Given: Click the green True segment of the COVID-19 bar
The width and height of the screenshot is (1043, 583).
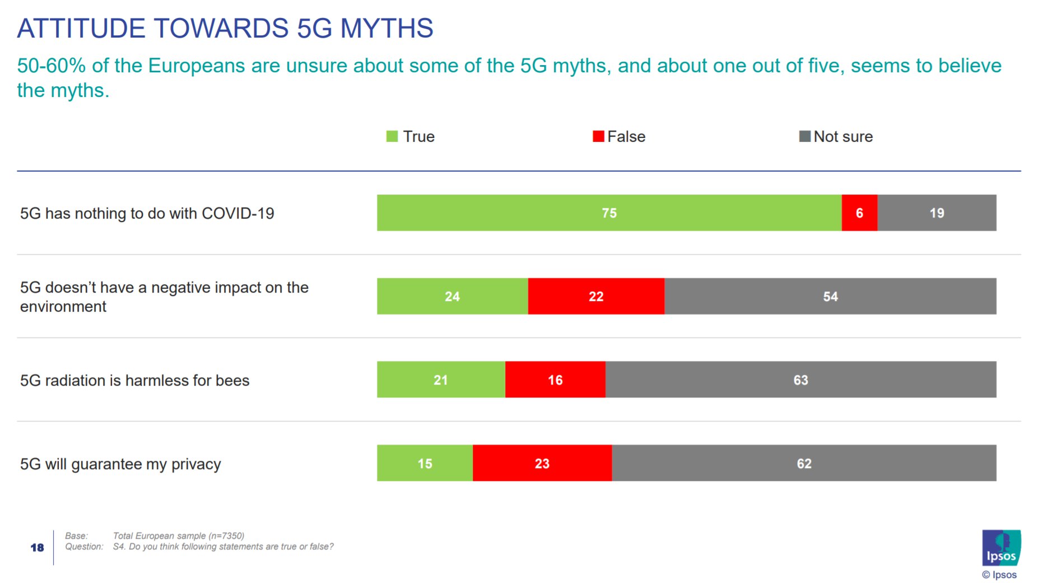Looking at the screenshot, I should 609,213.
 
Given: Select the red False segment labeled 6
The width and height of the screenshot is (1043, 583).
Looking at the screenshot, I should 859,213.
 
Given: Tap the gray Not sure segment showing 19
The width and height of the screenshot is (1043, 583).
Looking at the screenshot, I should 937,213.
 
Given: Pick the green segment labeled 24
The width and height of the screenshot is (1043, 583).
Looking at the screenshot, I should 452,297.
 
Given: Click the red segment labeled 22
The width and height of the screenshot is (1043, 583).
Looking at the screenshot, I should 596,297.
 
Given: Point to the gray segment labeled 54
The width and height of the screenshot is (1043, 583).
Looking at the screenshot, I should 830,297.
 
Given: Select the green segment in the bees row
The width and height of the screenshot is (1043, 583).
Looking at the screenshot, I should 441,380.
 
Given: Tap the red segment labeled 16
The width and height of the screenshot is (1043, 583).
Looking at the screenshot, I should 555,380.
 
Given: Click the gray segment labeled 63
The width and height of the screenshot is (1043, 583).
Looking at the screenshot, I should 800,380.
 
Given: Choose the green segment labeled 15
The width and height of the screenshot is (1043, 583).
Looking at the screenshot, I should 425,464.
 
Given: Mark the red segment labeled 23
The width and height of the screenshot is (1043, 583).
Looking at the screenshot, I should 542,464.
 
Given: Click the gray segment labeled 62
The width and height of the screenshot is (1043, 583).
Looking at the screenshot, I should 804,464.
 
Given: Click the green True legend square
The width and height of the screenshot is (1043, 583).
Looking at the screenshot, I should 392,136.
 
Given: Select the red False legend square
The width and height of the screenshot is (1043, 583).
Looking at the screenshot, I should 598,136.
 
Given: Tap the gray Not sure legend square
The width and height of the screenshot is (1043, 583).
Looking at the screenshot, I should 804,136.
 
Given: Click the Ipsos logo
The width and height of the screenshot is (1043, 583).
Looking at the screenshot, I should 1001,548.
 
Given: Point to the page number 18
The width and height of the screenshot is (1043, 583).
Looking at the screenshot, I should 37,548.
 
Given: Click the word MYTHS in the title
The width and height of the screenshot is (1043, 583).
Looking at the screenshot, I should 387,28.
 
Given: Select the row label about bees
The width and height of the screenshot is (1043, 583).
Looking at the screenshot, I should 134,381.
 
